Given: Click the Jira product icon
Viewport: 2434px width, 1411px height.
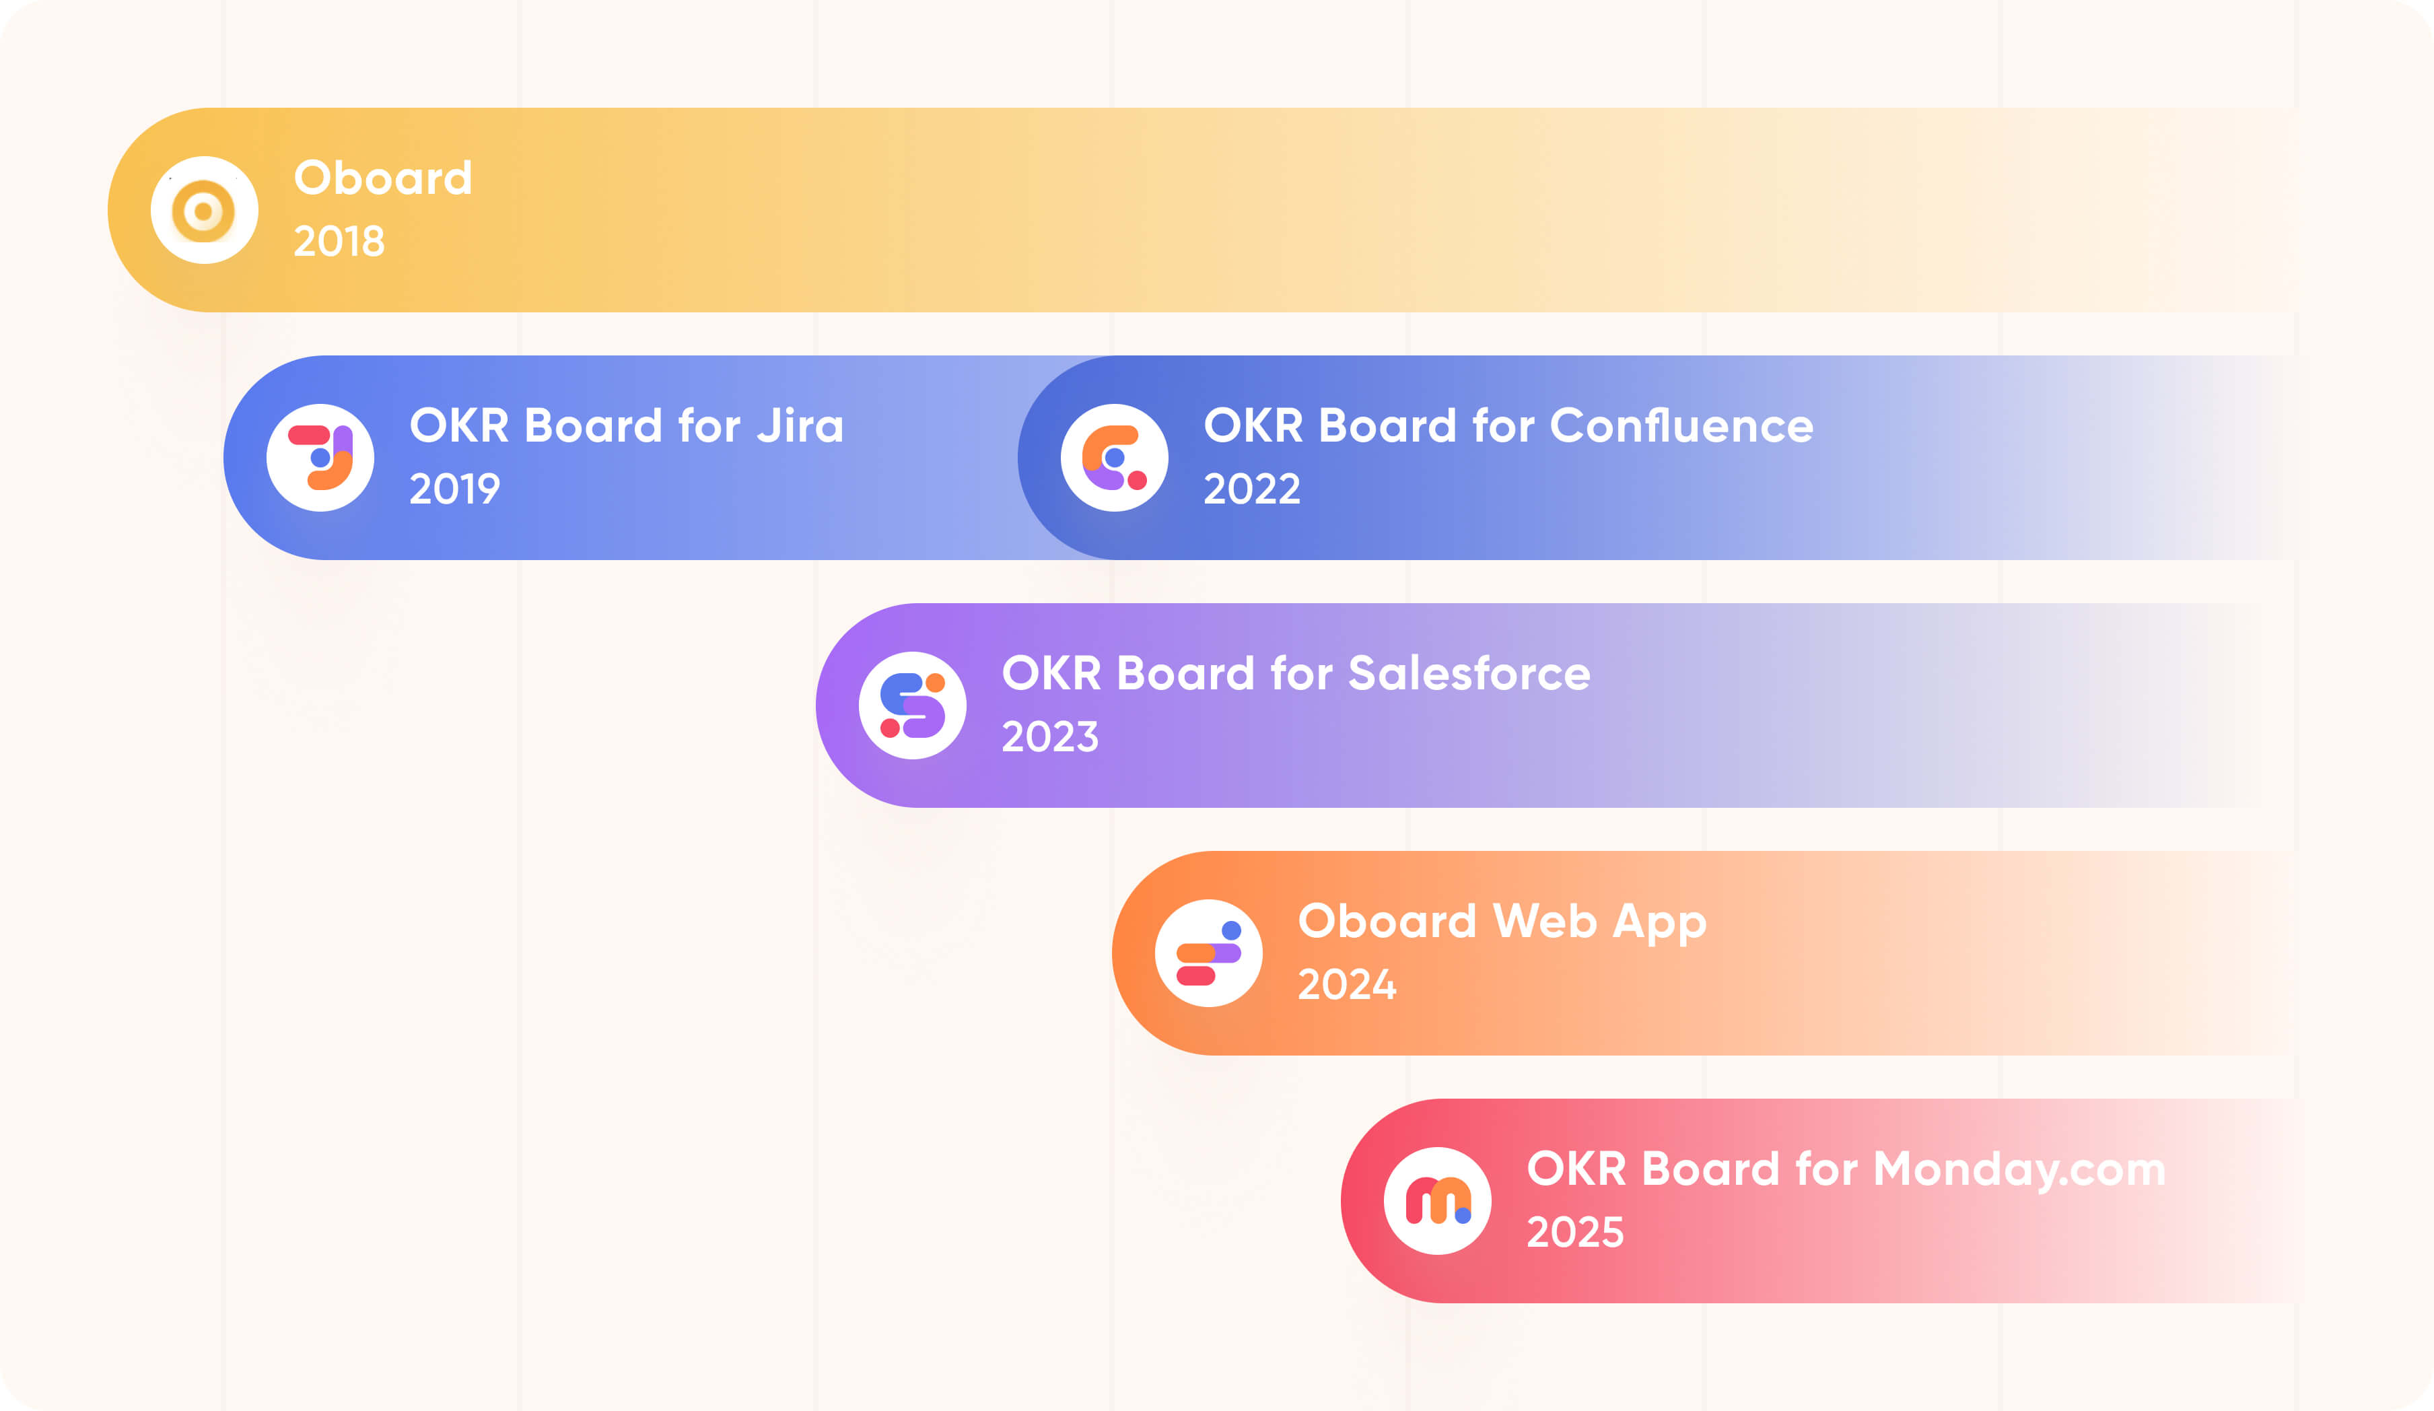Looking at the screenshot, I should [x=320, y=458].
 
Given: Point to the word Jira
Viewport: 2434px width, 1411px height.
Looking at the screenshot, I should [x=801, y=426].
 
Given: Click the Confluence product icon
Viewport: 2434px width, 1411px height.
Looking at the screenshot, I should [x=1113, y=458].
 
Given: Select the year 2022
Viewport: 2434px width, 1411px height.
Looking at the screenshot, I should [x=1252, y=489].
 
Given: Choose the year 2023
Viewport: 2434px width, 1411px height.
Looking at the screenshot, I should [x=1050, y=738].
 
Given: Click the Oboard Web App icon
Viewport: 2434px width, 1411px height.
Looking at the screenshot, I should [x=1208, y=953].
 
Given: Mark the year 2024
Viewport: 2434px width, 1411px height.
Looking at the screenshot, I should [x=1346, y=985].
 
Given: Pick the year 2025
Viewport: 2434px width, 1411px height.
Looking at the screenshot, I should [x=1575, y=1233].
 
